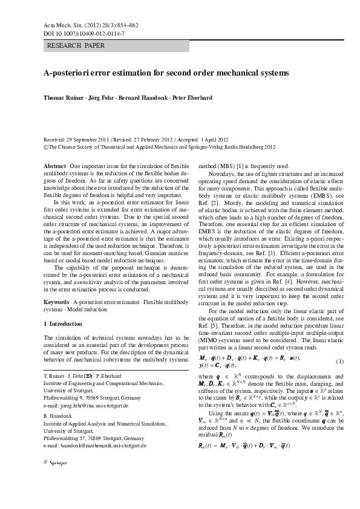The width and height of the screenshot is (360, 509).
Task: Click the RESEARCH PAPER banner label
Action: point(76,46)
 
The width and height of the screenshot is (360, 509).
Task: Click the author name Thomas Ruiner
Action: point(62,97)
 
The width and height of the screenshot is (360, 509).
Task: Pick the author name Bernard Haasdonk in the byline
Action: point(146,97)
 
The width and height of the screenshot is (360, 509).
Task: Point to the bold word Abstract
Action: point(56,166)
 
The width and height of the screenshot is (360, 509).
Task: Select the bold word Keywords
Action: point(57,300)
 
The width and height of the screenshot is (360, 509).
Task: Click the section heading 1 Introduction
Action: point(64,324)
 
